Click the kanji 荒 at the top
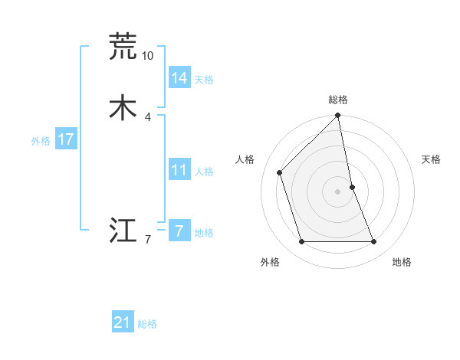(123, 46)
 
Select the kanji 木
(123, 107)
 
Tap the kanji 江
(123, 230)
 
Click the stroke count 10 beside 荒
(147, 55)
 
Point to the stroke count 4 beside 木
(147, 116)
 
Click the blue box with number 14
(179, 78)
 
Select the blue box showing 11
(179, 170)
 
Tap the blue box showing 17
(65, 139)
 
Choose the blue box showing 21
(123, 322)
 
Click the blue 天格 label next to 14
(204, 80)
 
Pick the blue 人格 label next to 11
(204, 172)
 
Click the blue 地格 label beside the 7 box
(204, 233)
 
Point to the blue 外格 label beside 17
(41, 141)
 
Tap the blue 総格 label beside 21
(147, 324)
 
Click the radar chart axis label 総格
(338, 100)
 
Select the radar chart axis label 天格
(431, 159)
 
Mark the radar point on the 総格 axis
(338, 116)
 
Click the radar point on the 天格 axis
(353, 186)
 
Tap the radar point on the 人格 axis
(280, 172)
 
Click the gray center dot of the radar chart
(338, 191)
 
